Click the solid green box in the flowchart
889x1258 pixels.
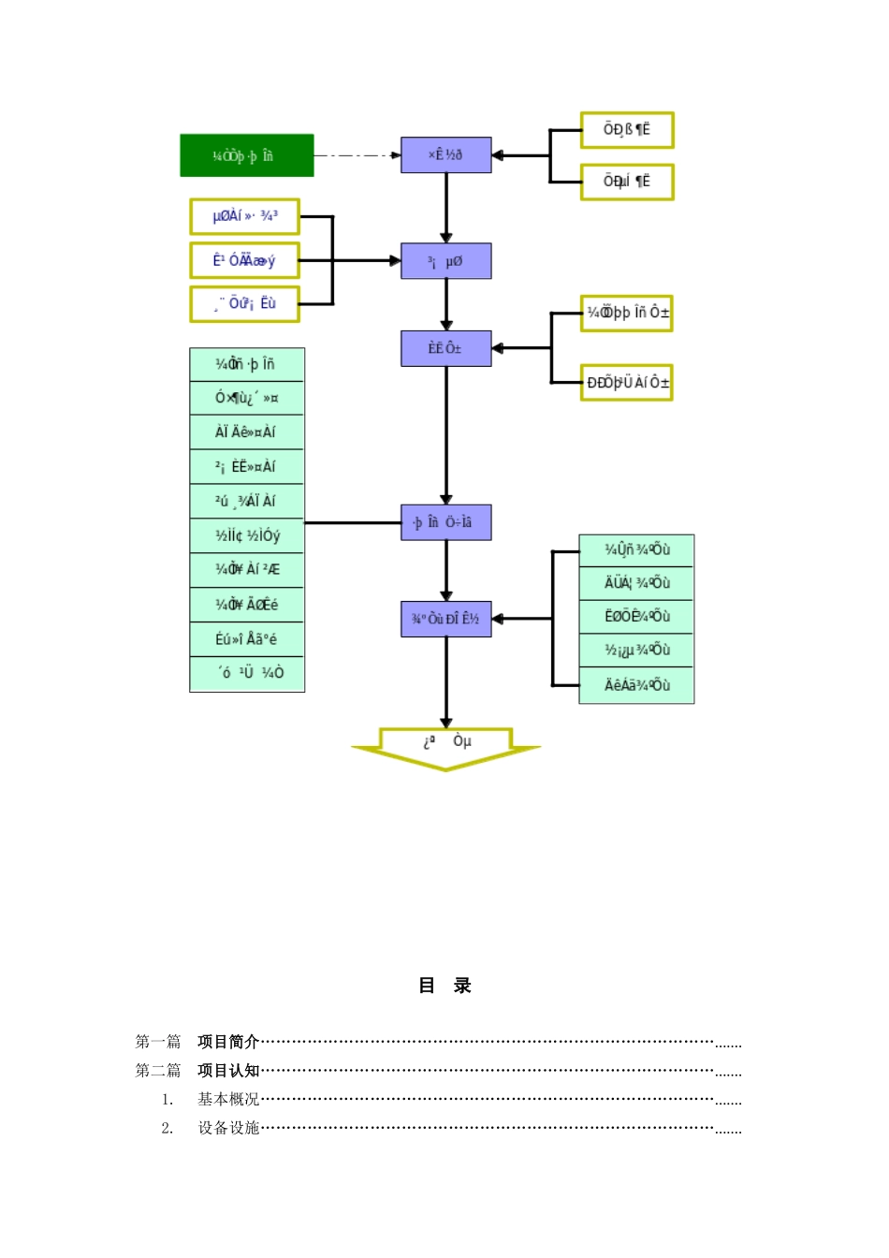(246, 155)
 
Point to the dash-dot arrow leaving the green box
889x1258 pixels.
(356, 155)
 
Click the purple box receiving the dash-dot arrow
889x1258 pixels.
(445, 154)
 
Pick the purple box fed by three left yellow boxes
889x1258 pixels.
(445, 261)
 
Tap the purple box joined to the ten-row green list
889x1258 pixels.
(445, 522)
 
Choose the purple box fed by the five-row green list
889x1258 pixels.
(445, 619)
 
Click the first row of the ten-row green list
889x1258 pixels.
(247, 364)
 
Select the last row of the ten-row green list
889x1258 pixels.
(247, 674)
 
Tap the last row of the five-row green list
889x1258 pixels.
(636, 685)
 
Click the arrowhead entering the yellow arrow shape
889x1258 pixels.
(446, 723)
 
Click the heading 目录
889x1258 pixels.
(444, 986)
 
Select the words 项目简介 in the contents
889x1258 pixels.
(228, 1042)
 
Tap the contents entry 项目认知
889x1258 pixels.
(228, 1071)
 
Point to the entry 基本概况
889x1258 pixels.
(228, 1100)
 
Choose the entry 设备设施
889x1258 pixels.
(228, 1129)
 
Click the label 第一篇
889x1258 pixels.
(158, 1042)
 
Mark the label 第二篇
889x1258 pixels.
(158, 1071)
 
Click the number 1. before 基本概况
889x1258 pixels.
(168, 1100)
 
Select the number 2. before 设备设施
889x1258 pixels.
(168, 1129)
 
